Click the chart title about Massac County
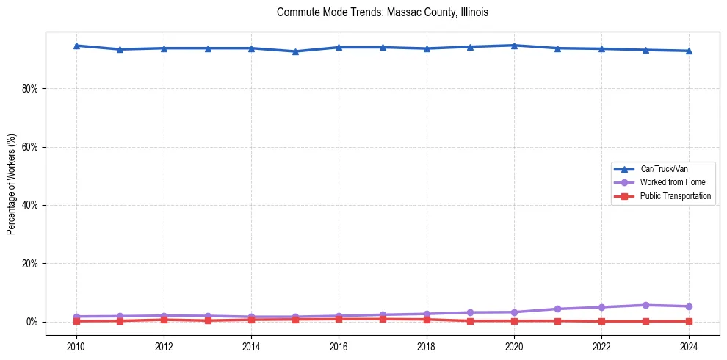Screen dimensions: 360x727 click(382, 12)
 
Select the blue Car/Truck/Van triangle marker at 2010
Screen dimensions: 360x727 click(76, 46)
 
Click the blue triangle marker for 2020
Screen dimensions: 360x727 click(514, 46)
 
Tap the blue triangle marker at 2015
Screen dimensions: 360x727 click(295, 51)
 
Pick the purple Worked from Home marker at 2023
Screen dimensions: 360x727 click(645, 305)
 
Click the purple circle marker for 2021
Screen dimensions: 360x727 click(558, 309)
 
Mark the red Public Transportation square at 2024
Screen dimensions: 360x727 click(689, 321)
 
